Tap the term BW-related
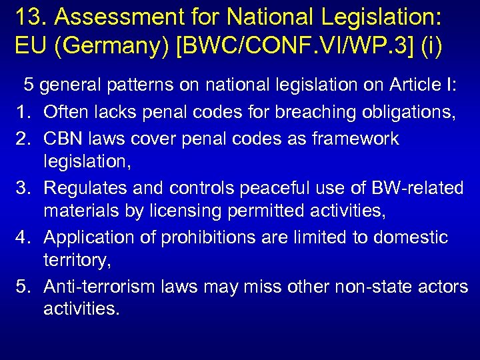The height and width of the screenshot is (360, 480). [x=416, y=188]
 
